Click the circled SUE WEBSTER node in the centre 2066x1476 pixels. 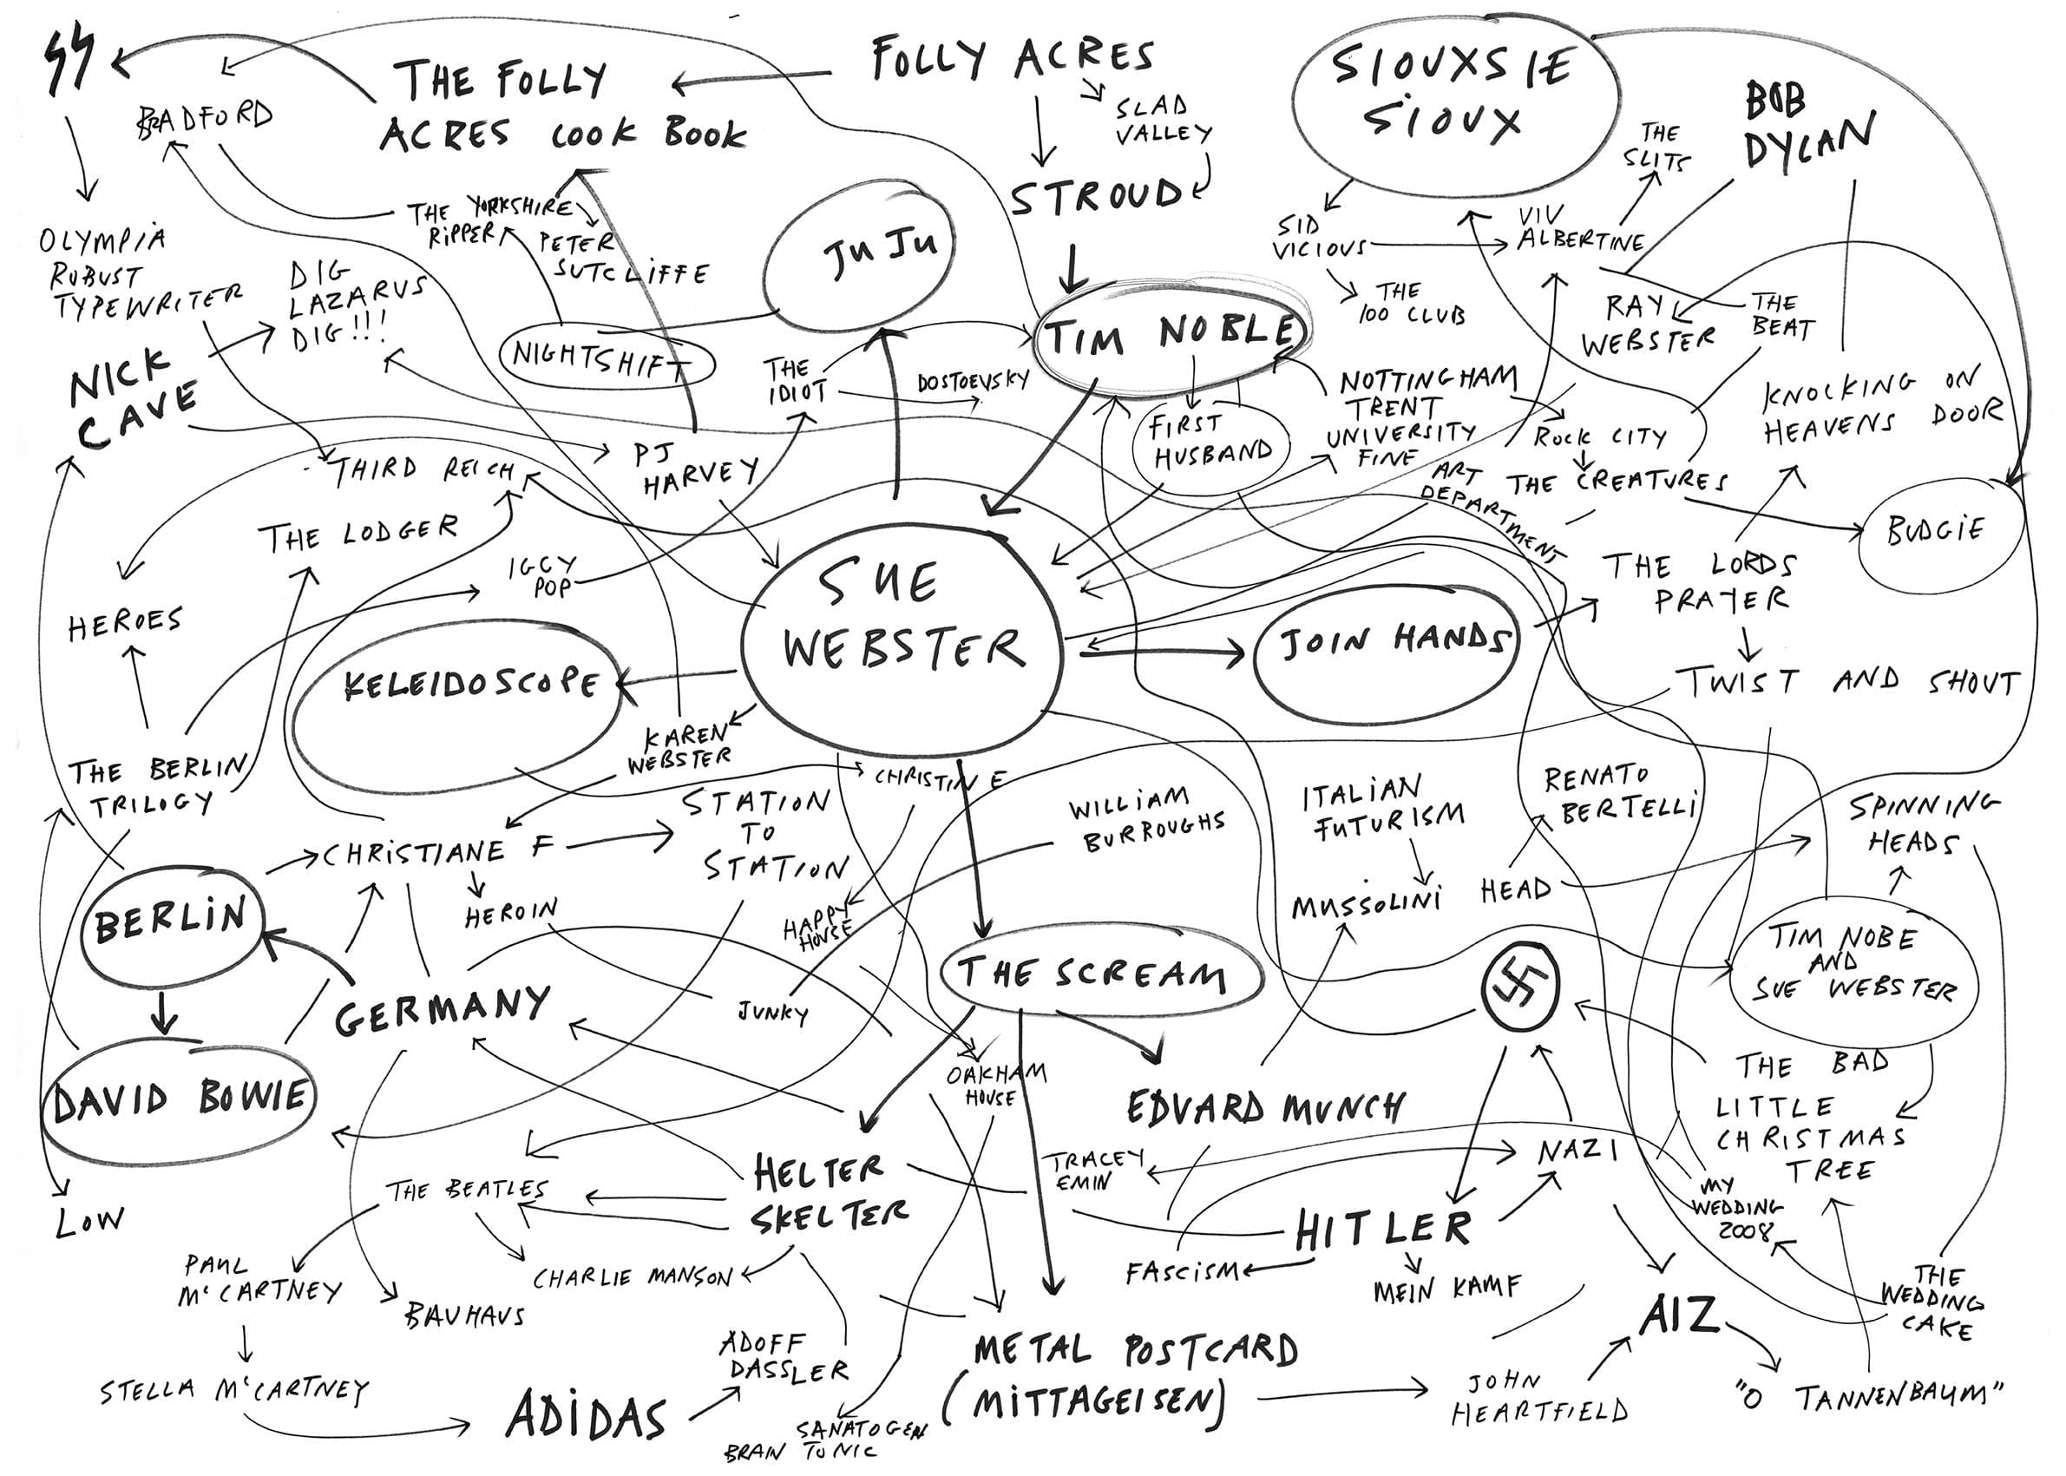(x=900, y=627)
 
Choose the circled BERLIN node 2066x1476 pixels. (x=171, y=922)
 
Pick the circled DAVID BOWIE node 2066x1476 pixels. (x=180, y=1099)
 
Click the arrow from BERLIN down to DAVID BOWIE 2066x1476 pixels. (x=164, y=1009)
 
